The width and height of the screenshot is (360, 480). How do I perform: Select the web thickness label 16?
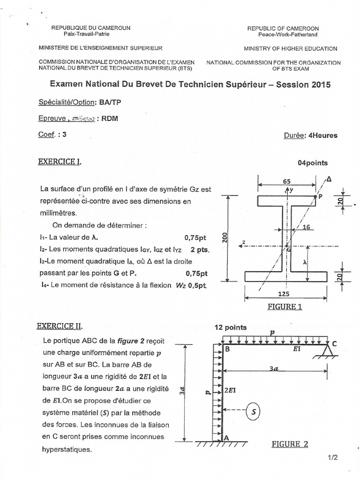[307, 227]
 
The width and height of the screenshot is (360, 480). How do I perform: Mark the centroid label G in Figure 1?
[289, 250]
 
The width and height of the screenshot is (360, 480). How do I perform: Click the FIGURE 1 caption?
[285, 307]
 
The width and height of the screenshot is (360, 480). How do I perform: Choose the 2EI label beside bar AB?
[230, 390]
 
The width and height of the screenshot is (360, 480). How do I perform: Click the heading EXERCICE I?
[60, 162]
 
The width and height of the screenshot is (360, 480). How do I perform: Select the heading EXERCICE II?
[61, 325]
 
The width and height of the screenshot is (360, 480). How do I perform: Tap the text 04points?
[313, 163]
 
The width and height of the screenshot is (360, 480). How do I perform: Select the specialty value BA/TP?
[106, 102]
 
